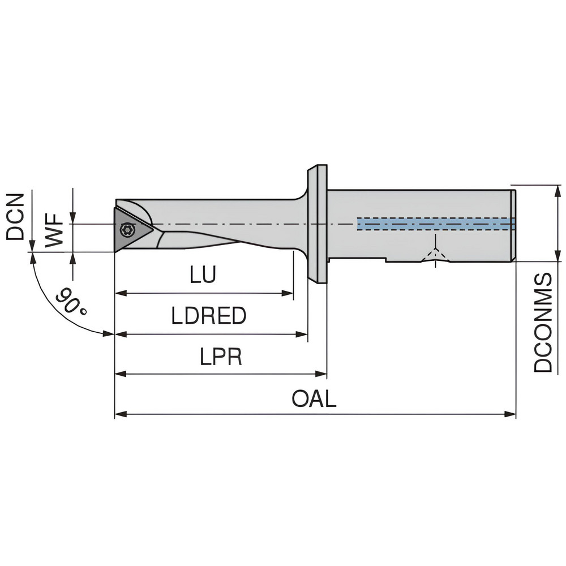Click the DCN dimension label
pyautogui.click(x=15, y=217)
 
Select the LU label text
pyautogui.click(x=203, y=275)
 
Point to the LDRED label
pyautogui.click(x=209, y=316)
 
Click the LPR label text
pyautogui.click(x=220, y=357)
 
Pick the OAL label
pyautogui.click(x=314, y=398)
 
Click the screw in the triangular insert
pyautogui.click(x=127, y=229)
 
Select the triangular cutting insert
pyautogui.click(x=130, y=229)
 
